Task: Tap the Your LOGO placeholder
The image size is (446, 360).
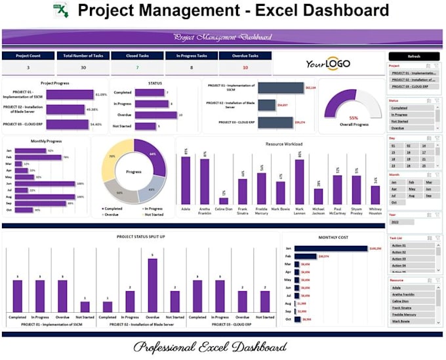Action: pos(327,64)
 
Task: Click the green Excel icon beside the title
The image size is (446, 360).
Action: pos(61,11)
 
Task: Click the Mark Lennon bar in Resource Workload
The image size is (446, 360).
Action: pos(299,182)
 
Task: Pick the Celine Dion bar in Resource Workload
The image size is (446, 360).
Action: pos(223,201)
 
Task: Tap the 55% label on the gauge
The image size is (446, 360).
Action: pos(354,118)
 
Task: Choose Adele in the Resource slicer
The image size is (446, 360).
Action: pos(411,287)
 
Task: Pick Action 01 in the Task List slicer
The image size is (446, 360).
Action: pos(411,245)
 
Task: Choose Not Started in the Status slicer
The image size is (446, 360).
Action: pos(411,121)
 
